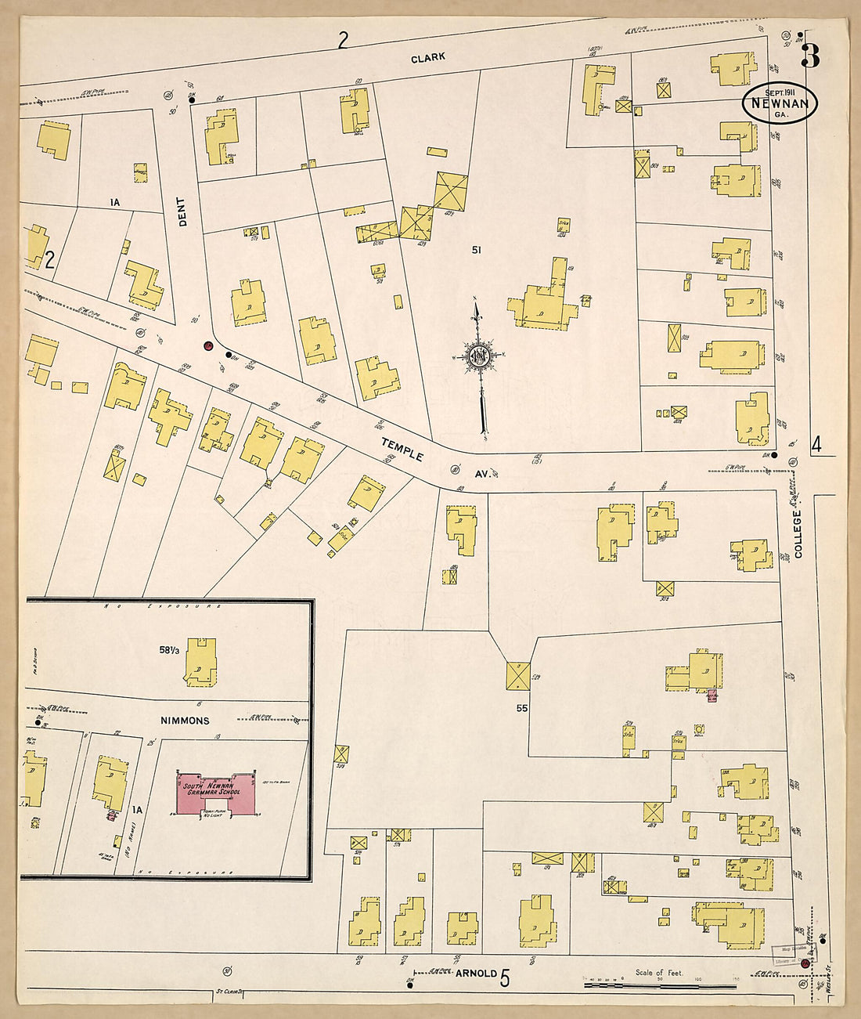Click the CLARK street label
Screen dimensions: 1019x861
pos(428,57)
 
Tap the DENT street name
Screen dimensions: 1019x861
pos(183,211)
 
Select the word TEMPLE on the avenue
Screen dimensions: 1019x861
pos(402,449)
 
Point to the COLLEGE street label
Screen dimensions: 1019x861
pos(798,534)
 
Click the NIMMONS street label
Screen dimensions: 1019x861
pos(186,720)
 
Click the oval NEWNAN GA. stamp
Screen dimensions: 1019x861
pos(780,103)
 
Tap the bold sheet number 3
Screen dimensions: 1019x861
pos(810,55)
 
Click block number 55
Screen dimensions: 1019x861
pos(521,707)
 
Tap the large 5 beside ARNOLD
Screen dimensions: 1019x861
pos(505,977)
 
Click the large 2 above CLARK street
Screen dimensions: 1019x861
pos(342,40)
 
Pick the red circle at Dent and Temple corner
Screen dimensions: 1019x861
pos(208,345)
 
